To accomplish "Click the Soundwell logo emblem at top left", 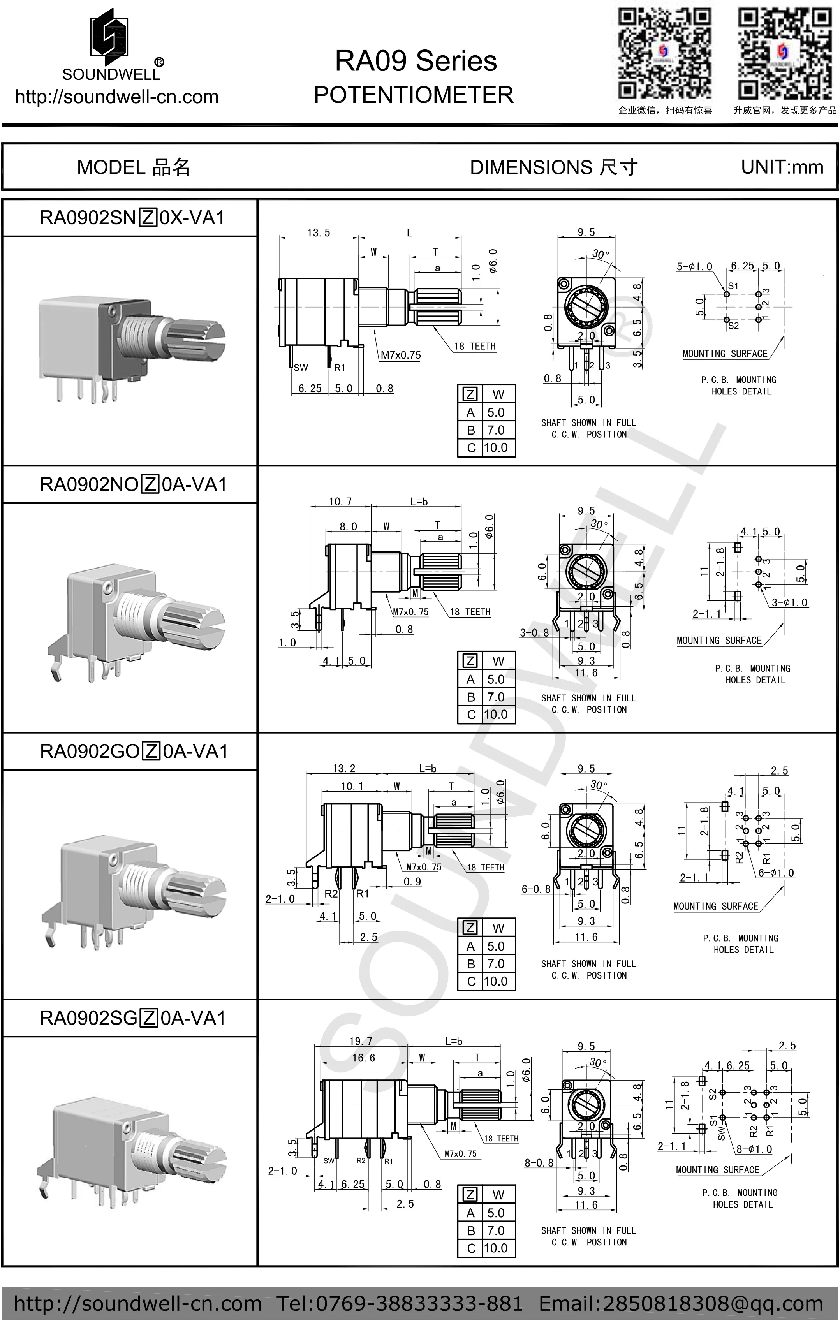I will click(x=109, y=33).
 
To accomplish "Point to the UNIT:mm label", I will click(x=782, y=167).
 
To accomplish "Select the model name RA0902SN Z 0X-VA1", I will click(x=132, y=218).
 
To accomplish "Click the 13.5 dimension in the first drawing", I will click(x=319, y=233).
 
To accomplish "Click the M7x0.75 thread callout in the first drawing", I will click(x=401, y=355).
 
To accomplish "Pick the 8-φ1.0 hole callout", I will click(x=754, y=1149).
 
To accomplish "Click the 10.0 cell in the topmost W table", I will click(x=495, y=447).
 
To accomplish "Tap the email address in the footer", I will click(x=681, y=1303).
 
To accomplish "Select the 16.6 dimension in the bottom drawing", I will click(x=363, y=1058).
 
